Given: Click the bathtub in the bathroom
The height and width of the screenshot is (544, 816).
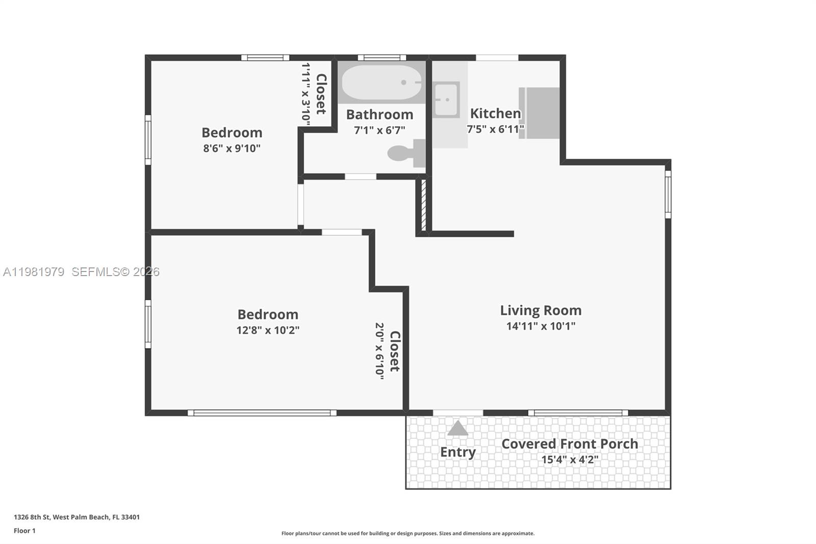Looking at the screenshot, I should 381,82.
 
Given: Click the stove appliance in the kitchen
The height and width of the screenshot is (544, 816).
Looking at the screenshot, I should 541,113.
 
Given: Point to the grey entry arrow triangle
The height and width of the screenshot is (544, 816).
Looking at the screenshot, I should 457,429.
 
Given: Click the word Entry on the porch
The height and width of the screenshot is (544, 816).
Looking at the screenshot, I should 457,452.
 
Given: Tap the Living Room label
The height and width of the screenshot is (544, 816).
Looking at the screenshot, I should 541,310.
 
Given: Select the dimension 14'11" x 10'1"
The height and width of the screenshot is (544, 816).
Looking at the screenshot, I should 541,326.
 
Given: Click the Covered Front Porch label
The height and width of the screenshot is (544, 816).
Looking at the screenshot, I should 570,444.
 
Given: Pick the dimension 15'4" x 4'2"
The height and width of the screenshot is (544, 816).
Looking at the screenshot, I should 570,460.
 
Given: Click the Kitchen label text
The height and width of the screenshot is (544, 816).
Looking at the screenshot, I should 495,113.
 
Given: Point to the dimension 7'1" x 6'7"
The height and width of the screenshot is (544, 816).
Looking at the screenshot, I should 379,130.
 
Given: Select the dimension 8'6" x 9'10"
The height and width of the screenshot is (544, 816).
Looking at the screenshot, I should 232,149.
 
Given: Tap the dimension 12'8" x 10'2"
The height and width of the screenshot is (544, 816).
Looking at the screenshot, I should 268,330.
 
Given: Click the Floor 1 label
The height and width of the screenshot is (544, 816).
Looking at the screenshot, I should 24,531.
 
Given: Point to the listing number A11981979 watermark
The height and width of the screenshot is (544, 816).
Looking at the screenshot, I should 34,272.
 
